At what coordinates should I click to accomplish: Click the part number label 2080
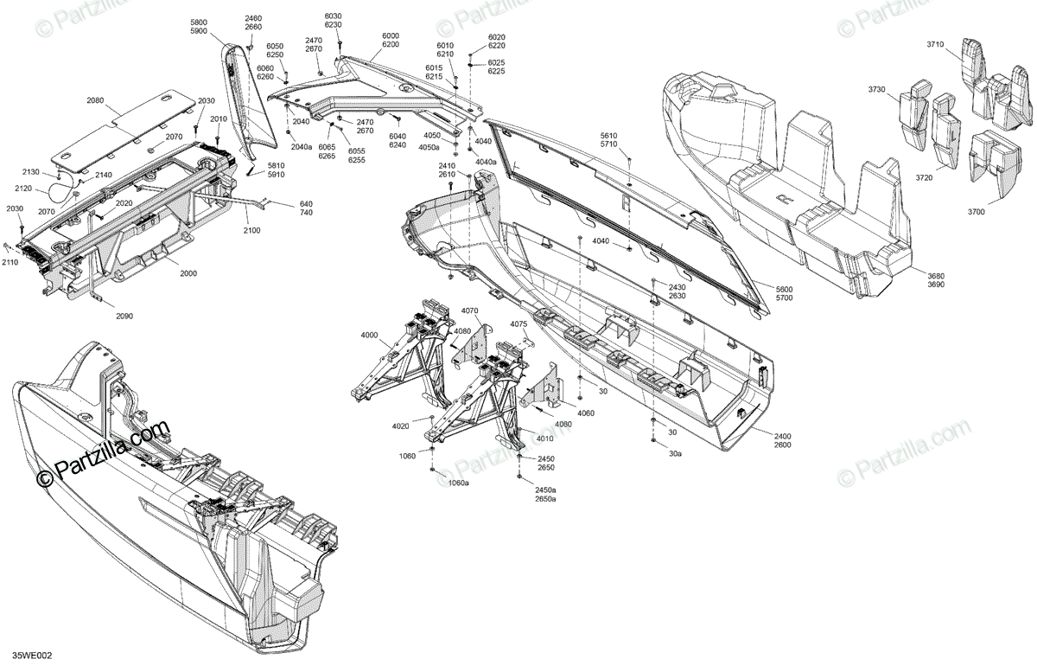tap(95, 101)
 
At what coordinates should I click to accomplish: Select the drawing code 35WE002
tap(32, 656)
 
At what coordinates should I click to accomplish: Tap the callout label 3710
tap(936, 44)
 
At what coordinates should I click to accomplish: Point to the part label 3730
tap(878, 90)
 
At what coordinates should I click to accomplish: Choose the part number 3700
tap(977, 212)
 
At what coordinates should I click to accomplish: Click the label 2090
tap(124, 316)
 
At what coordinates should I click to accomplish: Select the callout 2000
tap(188, 273)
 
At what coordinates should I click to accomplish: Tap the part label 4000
tap(370, 335)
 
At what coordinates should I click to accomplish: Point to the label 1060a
tap(458, 483)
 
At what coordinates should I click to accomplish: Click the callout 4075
tap(518, 324)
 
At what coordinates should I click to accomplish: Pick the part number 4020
tap(400, 426)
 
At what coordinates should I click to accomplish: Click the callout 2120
tap(23, 188)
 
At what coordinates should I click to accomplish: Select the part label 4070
tap(469, 310)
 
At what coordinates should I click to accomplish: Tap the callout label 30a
tap(675, 452)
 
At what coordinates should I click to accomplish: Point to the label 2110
tap(10, 262)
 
